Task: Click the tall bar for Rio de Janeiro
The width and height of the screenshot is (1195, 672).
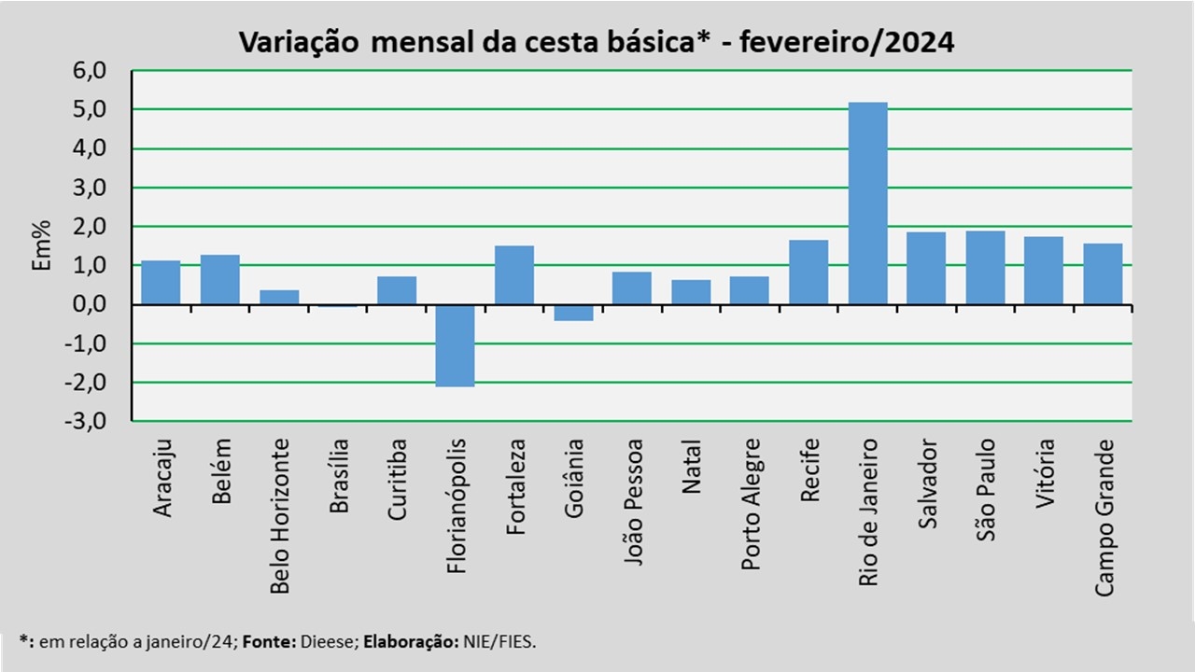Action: (x=868, y=203)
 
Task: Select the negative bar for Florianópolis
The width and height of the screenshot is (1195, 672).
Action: (x=455, y=345)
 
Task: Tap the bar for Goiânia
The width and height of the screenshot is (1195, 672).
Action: (x=573, y=313)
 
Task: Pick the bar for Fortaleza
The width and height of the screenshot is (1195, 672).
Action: (x=514, y=275)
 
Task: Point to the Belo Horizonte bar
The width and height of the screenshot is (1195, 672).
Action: (x=279, y=297)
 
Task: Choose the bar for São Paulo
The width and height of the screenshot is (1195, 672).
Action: (x=985, y=268)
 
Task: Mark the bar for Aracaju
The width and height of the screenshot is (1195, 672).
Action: (x=161, y=283)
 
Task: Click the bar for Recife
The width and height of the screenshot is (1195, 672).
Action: (x=808, y=272)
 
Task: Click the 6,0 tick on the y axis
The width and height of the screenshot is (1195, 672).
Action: (x=90, y=71)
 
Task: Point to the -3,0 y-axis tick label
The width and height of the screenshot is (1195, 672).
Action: (x=85, y=421)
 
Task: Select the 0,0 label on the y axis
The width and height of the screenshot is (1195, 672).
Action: (x=90, y=304)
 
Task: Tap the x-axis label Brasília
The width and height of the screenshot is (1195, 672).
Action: (x=339, y=476)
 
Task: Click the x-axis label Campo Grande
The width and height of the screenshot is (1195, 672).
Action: (x=1104, y=517)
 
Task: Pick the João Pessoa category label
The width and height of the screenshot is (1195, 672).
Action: (x=633, y=502)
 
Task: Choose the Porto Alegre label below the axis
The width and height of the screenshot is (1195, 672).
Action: (x=752, y=505)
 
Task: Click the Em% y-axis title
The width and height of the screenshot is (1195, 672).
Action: (x=41, y=245)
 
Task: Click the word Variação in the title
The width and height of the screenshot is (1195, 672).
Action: (x=299, y=42)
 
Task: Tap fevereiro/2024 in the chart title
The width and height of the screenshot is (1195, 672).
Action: (x=847, y=43)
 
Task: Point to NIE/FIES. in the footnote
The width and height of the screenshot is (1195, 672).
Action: (x=499, y=641)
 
